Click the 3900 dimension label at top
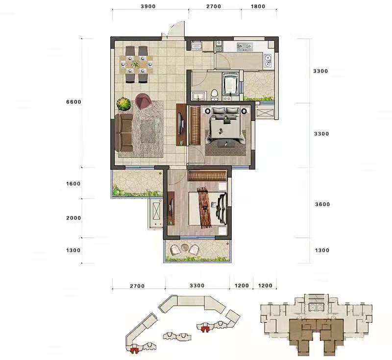(148, 6)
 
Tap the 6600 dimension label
(74, 102)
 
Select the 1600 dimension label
(73, 184)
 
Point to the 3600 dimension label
(322, 204)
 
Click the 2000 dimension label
(73, 218)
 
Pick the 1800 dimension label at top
(258, 6)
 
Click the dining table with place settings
(136, 65)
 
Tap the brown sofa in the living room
(124, 133)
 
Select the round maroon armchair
(143, 101)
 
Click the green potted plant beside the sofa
(123, 104)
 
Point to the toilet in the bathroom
(215, 95)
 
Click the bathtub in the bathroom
(230, 84)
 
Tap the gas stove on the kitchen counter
(245, 46)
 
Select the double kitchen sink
(268, 61)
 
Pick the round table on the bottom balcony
(184, 247)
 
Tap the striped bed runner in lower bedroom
(204, 207)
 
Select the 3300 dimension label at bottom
(197, 286)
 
